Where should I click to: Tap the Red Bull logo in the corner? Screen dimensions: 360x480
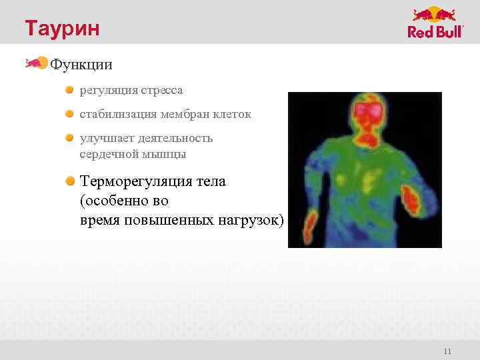click(435, 23)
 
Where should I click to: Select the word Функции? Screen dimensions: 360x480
click(81, 65)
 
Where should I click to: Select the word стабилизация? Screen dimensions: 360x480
click(117, 114)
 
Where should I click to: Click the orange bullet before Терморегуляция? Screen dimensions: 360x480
click(70, 181)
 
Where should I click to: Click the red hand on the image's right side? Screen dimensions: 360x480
click(409, 202)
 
